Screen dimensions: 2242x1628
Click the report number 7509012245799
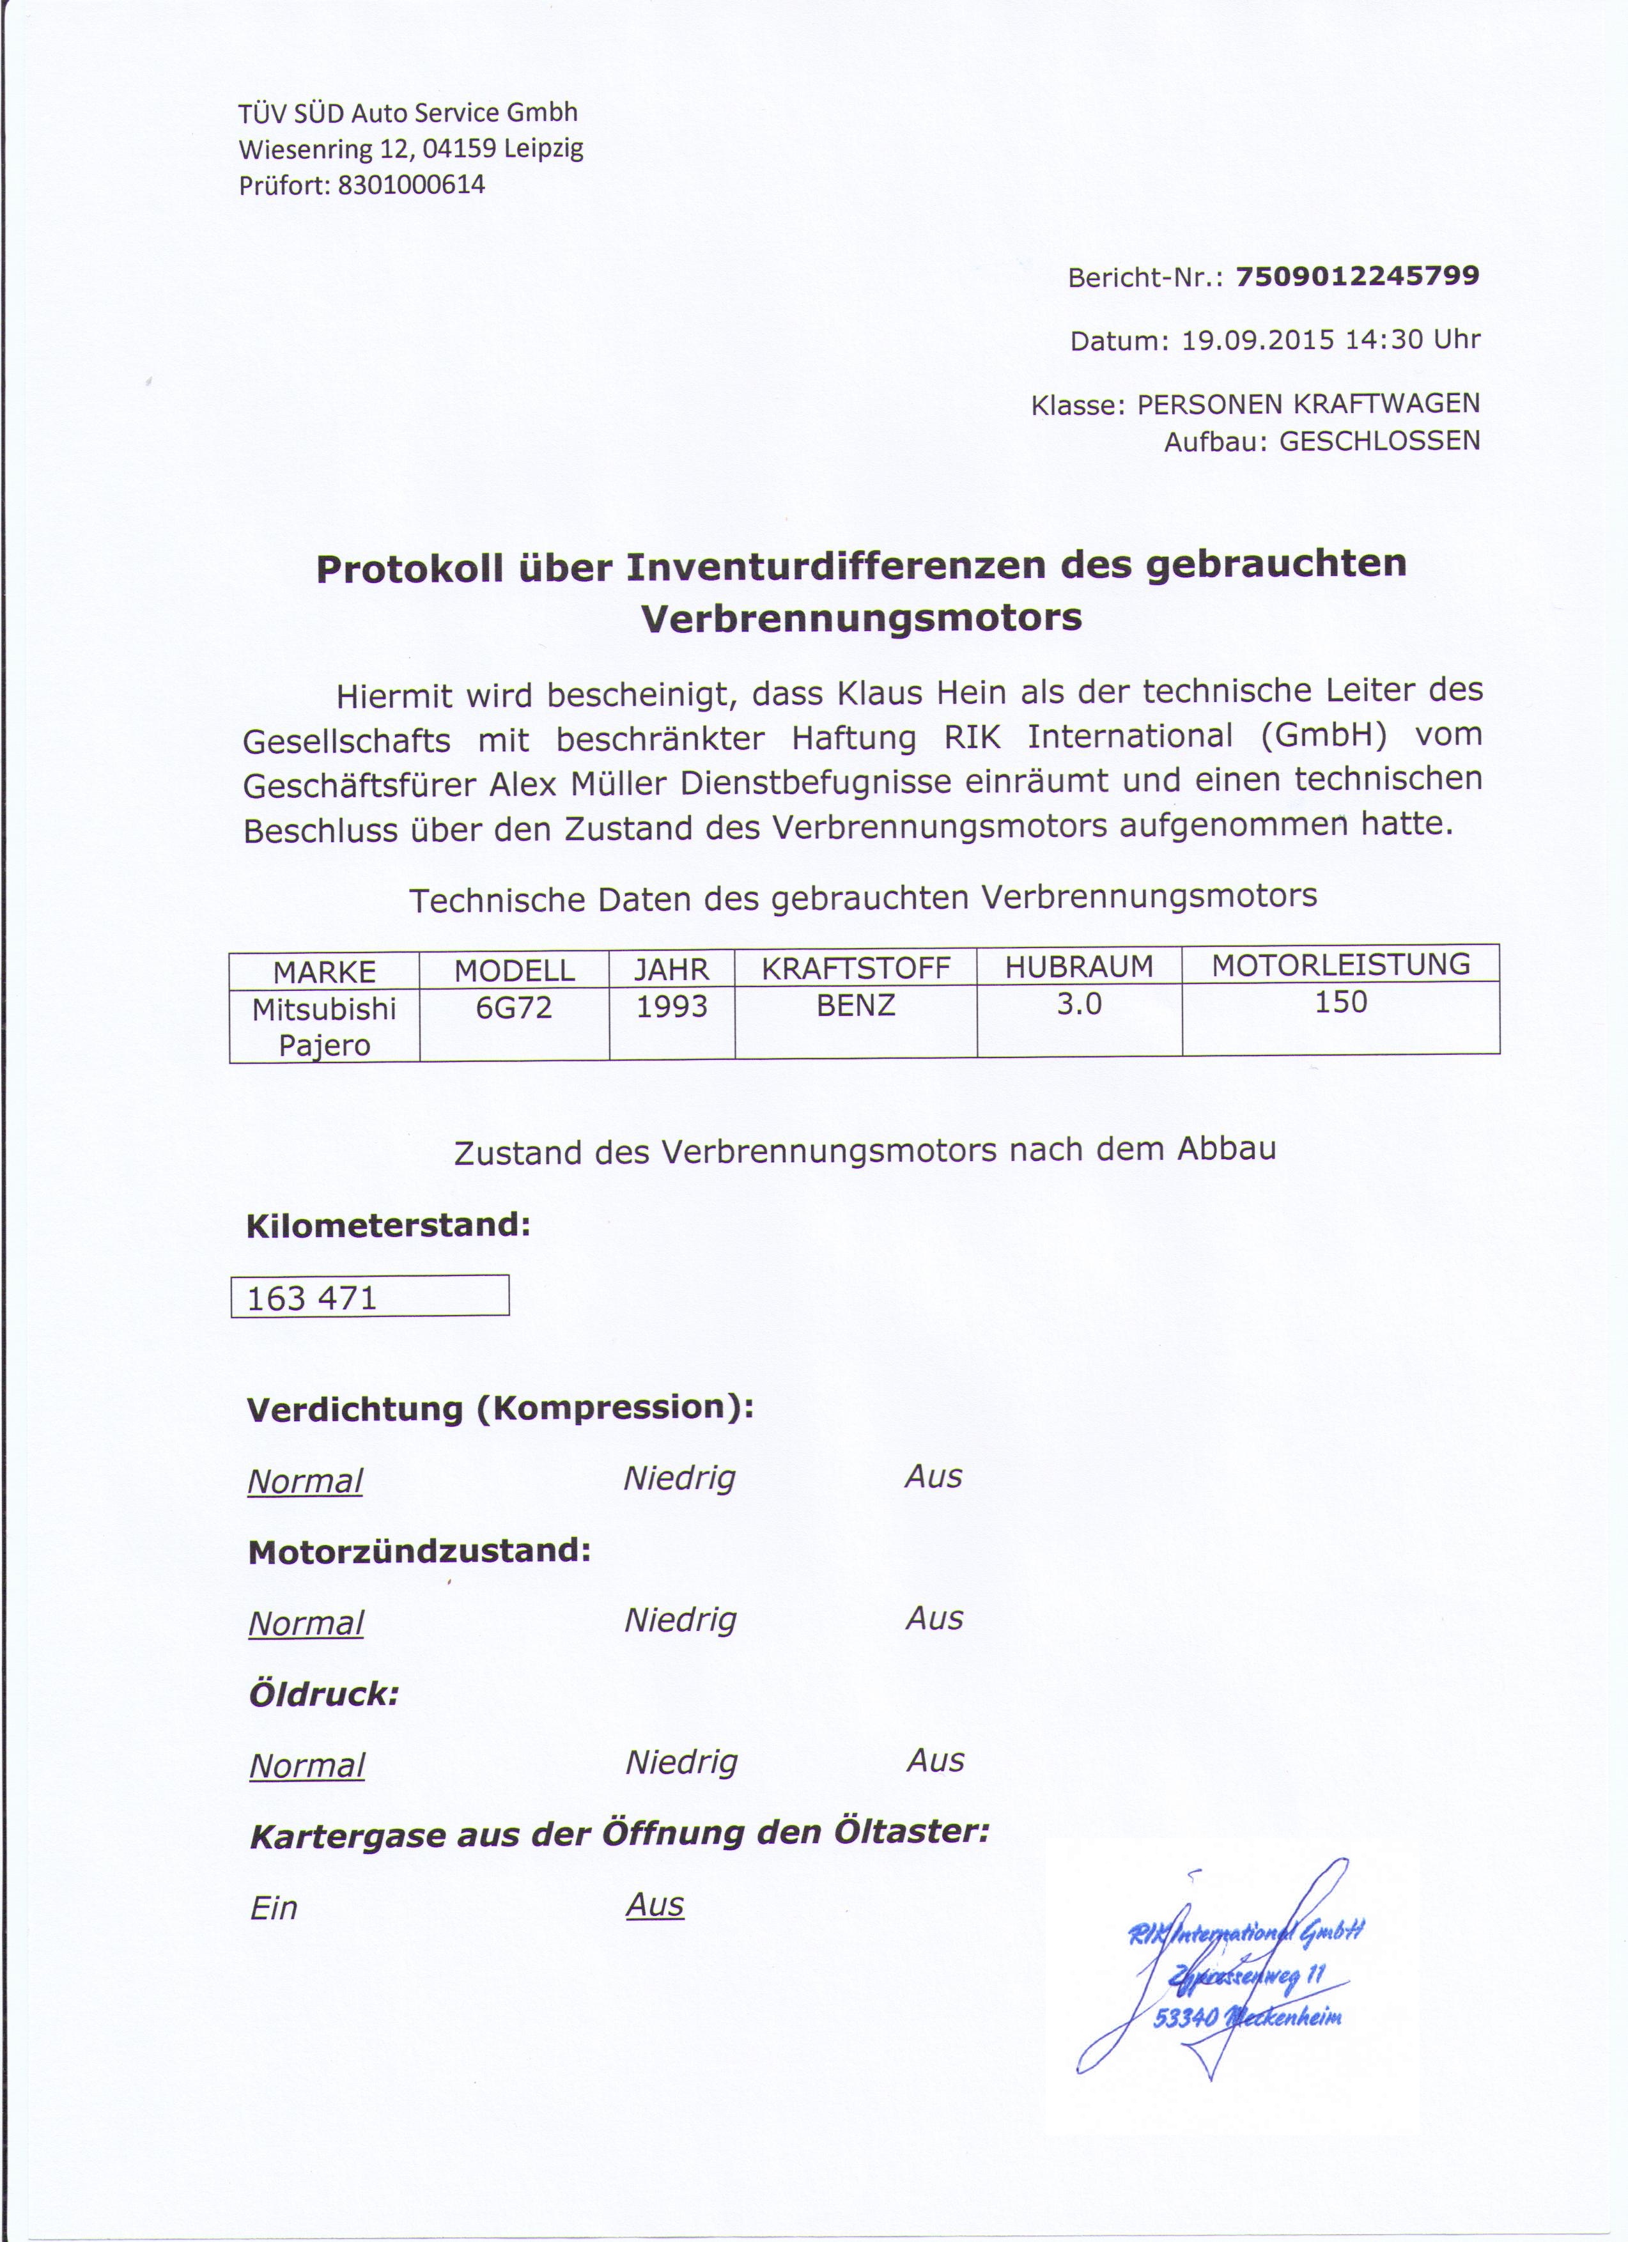1356,276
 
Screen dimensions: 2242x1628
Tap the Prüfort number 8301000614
411,185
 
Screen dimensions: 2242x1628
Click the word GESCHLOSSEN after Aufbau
1380,441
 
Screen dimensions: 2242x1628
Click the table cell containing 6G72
514,1008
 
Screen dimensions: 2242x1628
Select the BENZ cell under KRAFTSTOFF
856,1006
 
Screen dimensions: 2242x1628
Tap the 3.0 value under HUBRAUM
1080,1004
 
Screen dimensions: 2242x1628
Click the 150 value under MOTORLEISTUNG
1342,1002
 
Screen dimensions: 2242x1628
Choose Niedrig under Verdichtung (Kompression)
680,1479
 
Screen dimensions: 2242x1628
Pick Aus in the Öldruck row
935,1761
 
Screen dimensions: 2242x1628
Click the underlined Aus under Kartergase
655,1905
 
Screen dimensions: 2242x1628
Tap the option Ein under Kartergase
274,1908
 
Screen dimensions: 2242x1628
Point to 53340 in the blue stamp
1185,2016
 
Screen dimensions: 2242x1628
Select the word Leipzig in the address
544,149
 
